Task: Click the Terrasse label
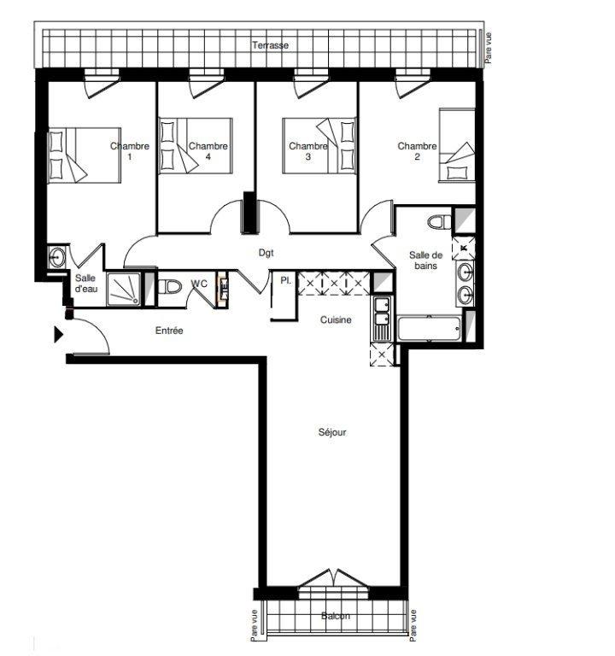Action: pyautogui.click(x=270, y=44)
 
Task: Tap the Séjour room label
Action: pyautogui.click(x=332, y=431)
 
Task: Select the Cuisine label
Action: pyautogui.click(x=336, y=319)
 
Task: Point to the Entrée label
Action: pyautogui.click(x=169, y=331)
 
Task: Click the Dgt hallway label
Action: pyautogui.click(x=266, y=253)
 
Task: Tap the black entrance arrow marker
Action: pyautogui.click(x=59, y=335)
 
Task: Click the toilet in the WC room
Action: pyautogui.click(x=170, y=287)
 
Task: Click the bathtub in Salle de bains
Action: pyautogui.click(x=430, y=329)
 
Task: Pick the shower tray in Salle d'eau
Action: pyautogui.click(x=123, y=289)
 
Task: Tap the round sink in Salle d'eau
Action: pyautogui.click(x=56, y=257)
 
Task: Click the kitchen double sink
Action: pyautogui.click(x=382, y=319)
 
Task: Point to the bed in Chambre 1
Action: pyautogui.click(x=85, y=155)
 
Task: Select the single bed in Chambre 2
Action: pyautogui.click(x=457, y=145)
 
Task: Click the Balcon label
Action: pyautogui.click(x=336, y=616)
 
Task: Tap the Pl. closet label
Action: pyautogui.click(x=286, y=281)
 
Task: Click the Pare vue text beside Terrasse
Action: pyautogui.click(x=489, y=48)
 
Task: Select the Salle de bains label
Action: pyautogui.click(x=425, y=261)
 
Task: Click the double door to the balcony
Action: pyautogui.click(x=334, y=577)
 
